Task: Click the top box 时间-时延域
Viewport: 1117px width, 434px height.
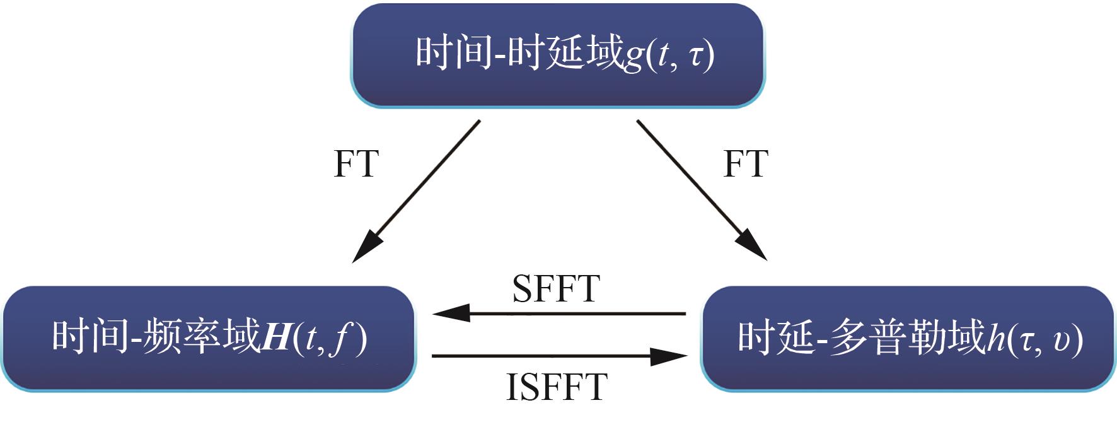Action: click(x=557, y=56)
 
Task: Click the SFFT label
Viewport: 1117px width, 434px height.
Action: click(x=555, y=289)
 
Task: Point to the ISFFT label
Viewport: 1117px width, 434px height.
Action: click(x=556, y=387)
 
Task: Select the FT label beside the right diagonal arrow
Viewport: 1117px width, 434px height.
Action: click(x=746, y=164)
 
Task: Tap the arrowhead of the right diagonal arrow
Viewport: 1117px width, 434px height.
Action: click(x=754, y=248)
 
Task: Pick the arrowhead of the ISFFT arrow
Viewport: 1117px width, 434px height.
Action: click(x=669, y=356)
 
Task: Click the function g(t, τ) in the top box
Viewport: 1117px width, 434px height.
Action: click(x=668, y=56)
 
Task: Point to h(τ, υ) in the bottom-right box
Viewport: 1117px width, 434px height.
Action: click(x=1034, y=339)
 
